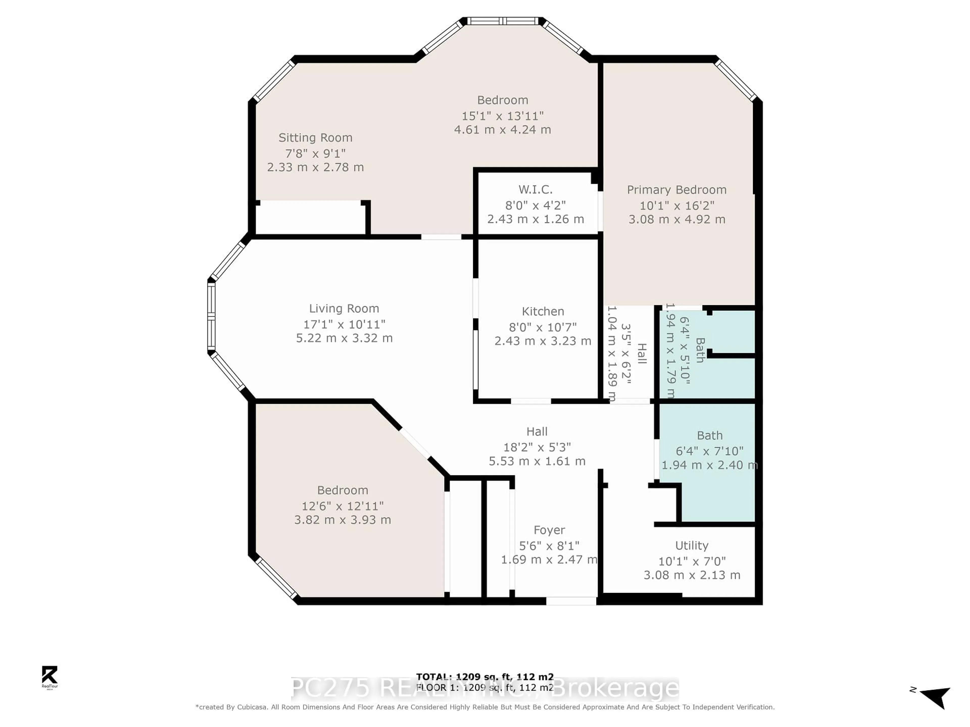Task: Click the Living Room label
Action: tap(344, 308)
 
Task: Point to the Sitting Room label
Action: tap(315, 138)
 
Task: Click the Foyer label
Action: tap(549, 530)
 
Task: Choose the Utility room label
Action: tap(692, 546)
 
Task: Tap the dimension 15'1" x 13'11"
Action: tap(502, 116)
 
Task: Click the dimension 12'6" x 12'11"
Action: tap(343, 506)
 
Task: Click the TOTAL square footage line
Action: tap(484, 677)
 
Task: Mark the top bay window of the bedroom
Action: tap(502, 21)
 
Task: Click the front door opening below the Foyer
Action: tap(571, 601)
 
